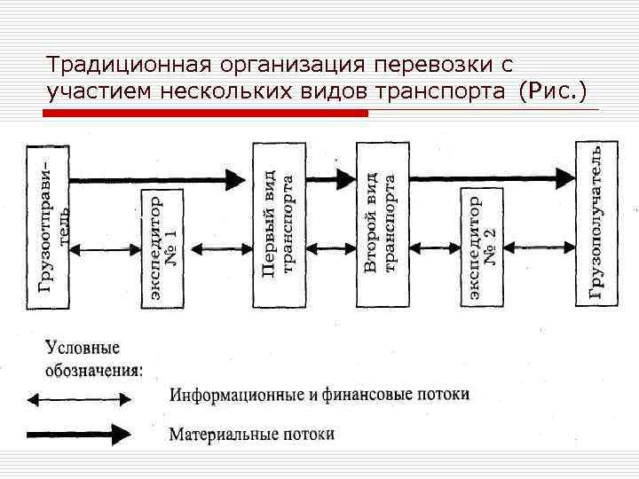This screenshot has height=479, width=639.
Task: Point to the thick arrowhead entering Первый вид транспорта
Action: coord(236,179)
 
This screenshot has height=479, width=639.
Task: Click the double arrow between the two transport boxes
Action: coord(329,251)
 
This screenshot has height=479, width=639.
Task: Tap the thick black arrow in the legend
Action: coord(78,435)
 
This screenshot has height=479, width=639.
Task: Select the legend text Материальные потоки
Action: coord(252,435)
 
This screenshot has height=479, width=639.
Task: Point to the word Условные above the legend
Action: coord(83,348)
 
